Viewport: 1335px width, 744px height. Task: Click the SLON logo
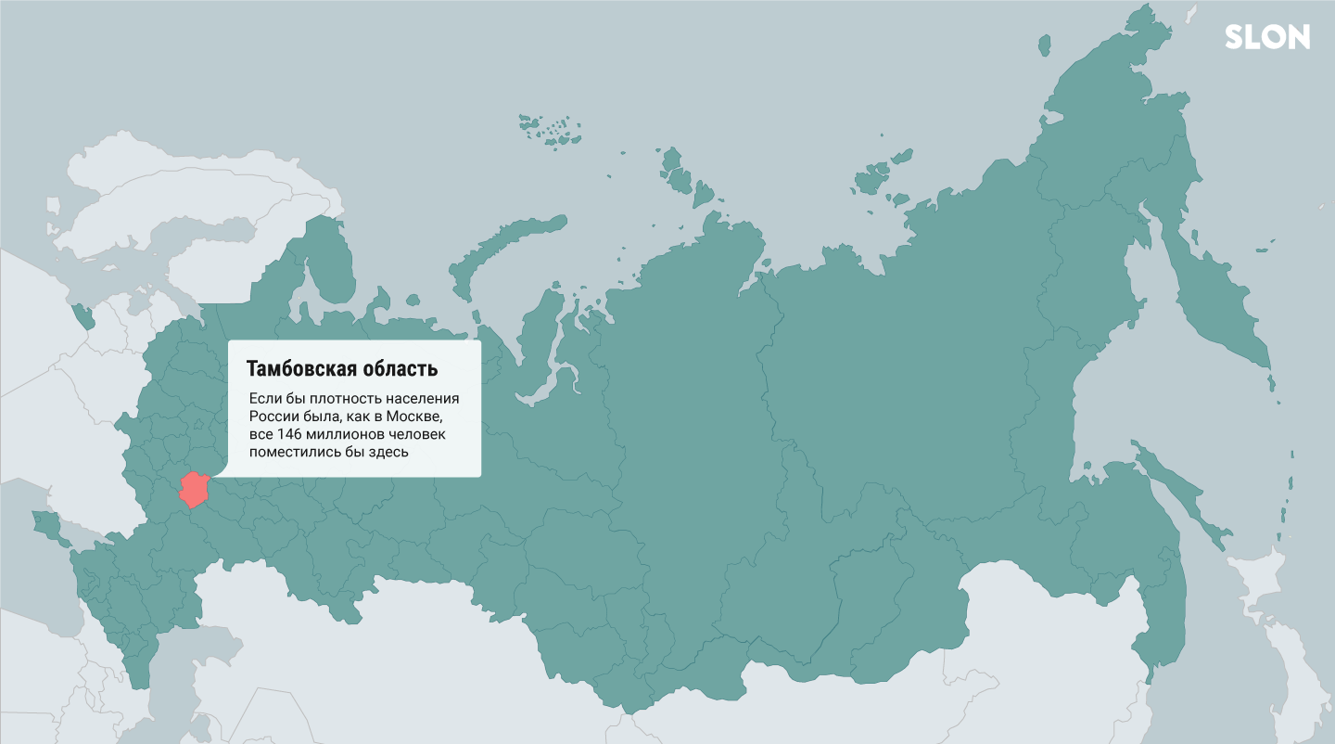pyautogui.click(x=1266, y=37)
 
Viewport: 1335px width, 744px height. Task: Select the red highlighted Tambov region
pyautogui.click(x=196, y=489)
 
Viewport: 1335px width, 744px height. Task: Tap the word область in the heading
pyautogui.click(x=400, y=369)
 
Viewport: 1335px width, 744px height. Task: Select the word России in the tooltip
pyautogui.click(x=273, y=417)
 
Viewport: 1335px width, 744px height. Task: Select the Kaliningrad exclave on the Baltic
pyautogui.click(x=83, y=316)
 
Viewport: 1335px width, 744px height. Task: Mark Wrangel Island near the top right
pyautogui.click(x=1044, y=44)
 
